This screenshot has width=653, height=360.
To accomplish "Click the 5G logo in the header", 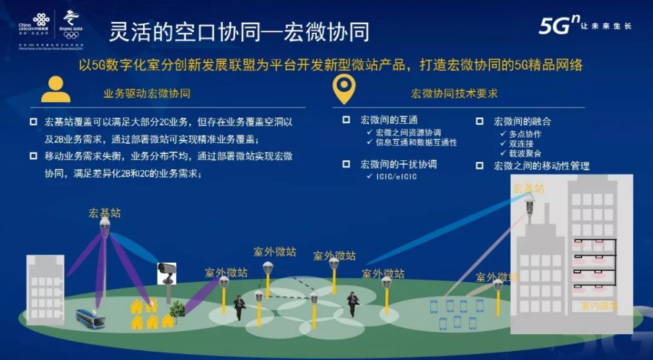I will pyautogui.click(x=558, y=26).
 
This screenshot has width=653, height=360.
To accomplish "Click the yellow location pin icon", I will pyautogui.click(x=343, y=91).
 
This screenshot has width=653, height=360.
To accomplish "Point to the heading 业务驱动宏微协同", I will pyautogui.click(x=147, y=93).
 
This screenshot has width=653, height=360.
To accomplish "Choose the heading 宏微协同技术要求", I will pyautogui.click(x=454, y=93).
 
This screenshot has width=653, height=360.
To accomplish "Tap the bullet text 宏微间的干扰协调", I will pyautogui.click(x=398, y=164).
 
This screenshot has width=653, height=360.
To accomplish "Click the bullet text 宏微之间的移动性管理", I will pyautogui.click(x=541, y=166).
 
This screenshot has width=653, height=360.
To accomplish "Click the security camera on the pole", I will pyautogui.click(x=166, y=272).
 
